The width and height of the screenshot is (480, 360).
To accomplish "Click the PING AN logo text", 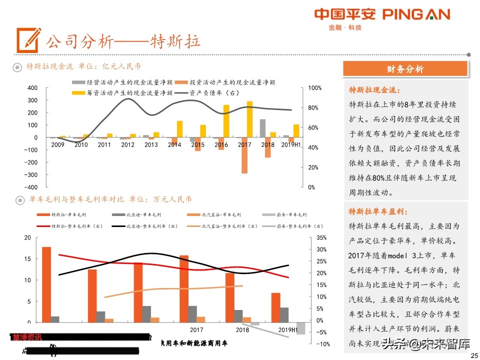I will [416, 14].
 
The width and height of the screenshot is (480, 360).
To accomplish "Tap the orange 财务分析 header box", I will [405, 69].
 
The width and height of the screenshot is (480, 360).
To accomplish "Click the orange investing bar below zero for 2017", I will [244, 155].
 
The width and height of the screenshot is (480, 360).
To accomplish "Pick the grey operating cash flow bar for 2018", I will [262, 128].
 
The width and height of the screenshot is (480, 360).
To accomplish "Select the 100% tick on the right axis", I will [314, 88].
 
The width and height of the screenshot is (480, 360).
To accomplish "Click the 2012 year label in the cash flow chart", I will [127, 145].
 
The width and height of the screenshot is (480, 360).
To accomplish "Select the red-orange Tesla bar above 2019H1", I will [276, 307].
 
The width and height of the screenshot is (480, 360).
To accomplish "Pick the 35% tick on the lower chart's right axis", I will [321, 237].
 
